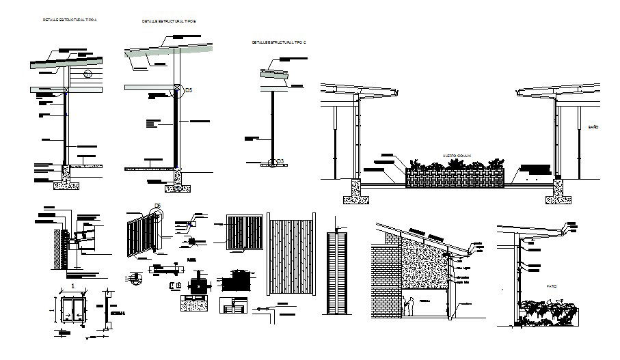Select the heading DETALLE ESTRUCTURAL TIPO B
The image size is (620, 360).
tap(169, 21)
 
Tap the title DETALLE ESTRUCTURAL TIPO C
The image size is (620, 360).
tap(279, 42)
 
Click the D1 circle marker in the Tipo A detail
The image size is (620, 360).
tap(87, 74)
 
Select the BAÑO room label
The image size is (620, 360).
tap(593, 127)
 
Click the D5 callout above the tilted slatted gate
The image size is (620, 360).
tap(157, 206)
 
